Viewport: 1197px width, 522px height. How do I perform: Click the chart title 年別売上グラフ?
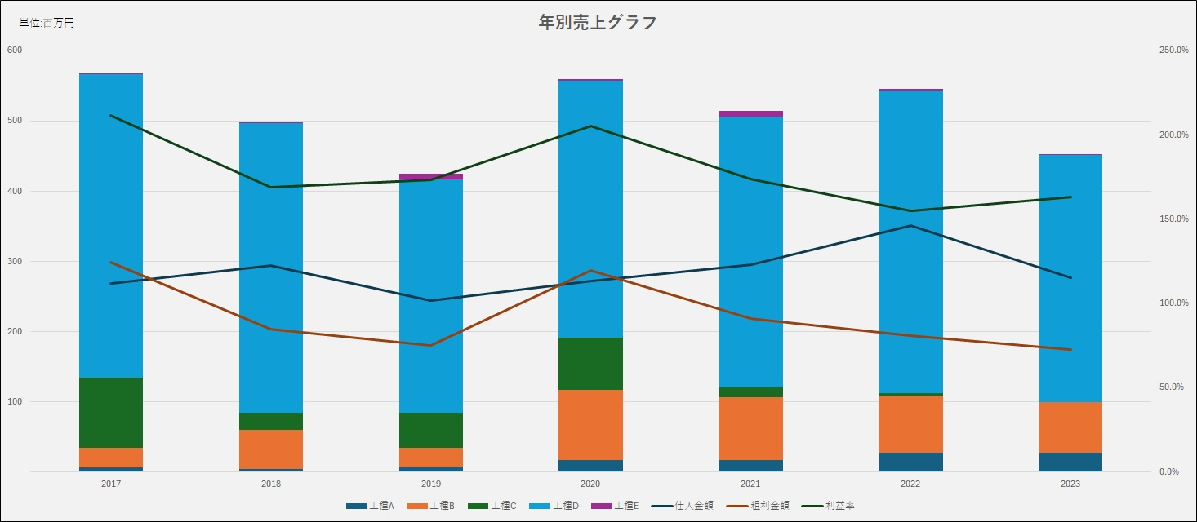(598, 23)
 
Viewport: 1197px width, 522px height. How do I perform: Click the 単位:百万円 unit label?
(47, 24)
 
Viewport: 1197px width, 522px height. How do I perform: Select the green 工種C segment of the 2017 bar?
(111, 412)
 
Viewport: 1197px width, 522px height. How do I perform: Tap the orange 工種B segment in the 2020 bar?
(590, 424)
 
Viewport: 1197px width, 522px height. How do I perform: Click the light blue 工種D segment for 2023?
(1070, 277)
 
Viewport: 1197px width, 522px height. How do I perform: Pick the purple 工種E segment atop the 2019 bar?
(430, 176)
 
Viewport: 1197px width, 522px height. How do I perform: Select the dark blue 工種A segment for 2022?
(910, 462)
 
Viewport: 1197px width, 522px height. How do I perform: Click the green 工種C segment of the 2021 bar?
(750, 391)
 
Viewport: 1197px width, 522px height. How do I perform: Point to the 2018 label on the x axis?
(271, 484)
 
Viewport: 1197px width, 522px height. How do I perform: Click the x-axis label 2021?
(750, 484)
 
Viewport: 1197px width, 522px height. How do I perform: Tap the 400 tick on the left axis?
(15, 192)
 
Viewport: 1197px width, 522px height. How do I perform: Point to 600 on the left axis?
(15, 51)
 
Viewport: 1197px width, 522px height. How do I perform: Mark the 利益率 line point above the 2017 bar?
(111, 115)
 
